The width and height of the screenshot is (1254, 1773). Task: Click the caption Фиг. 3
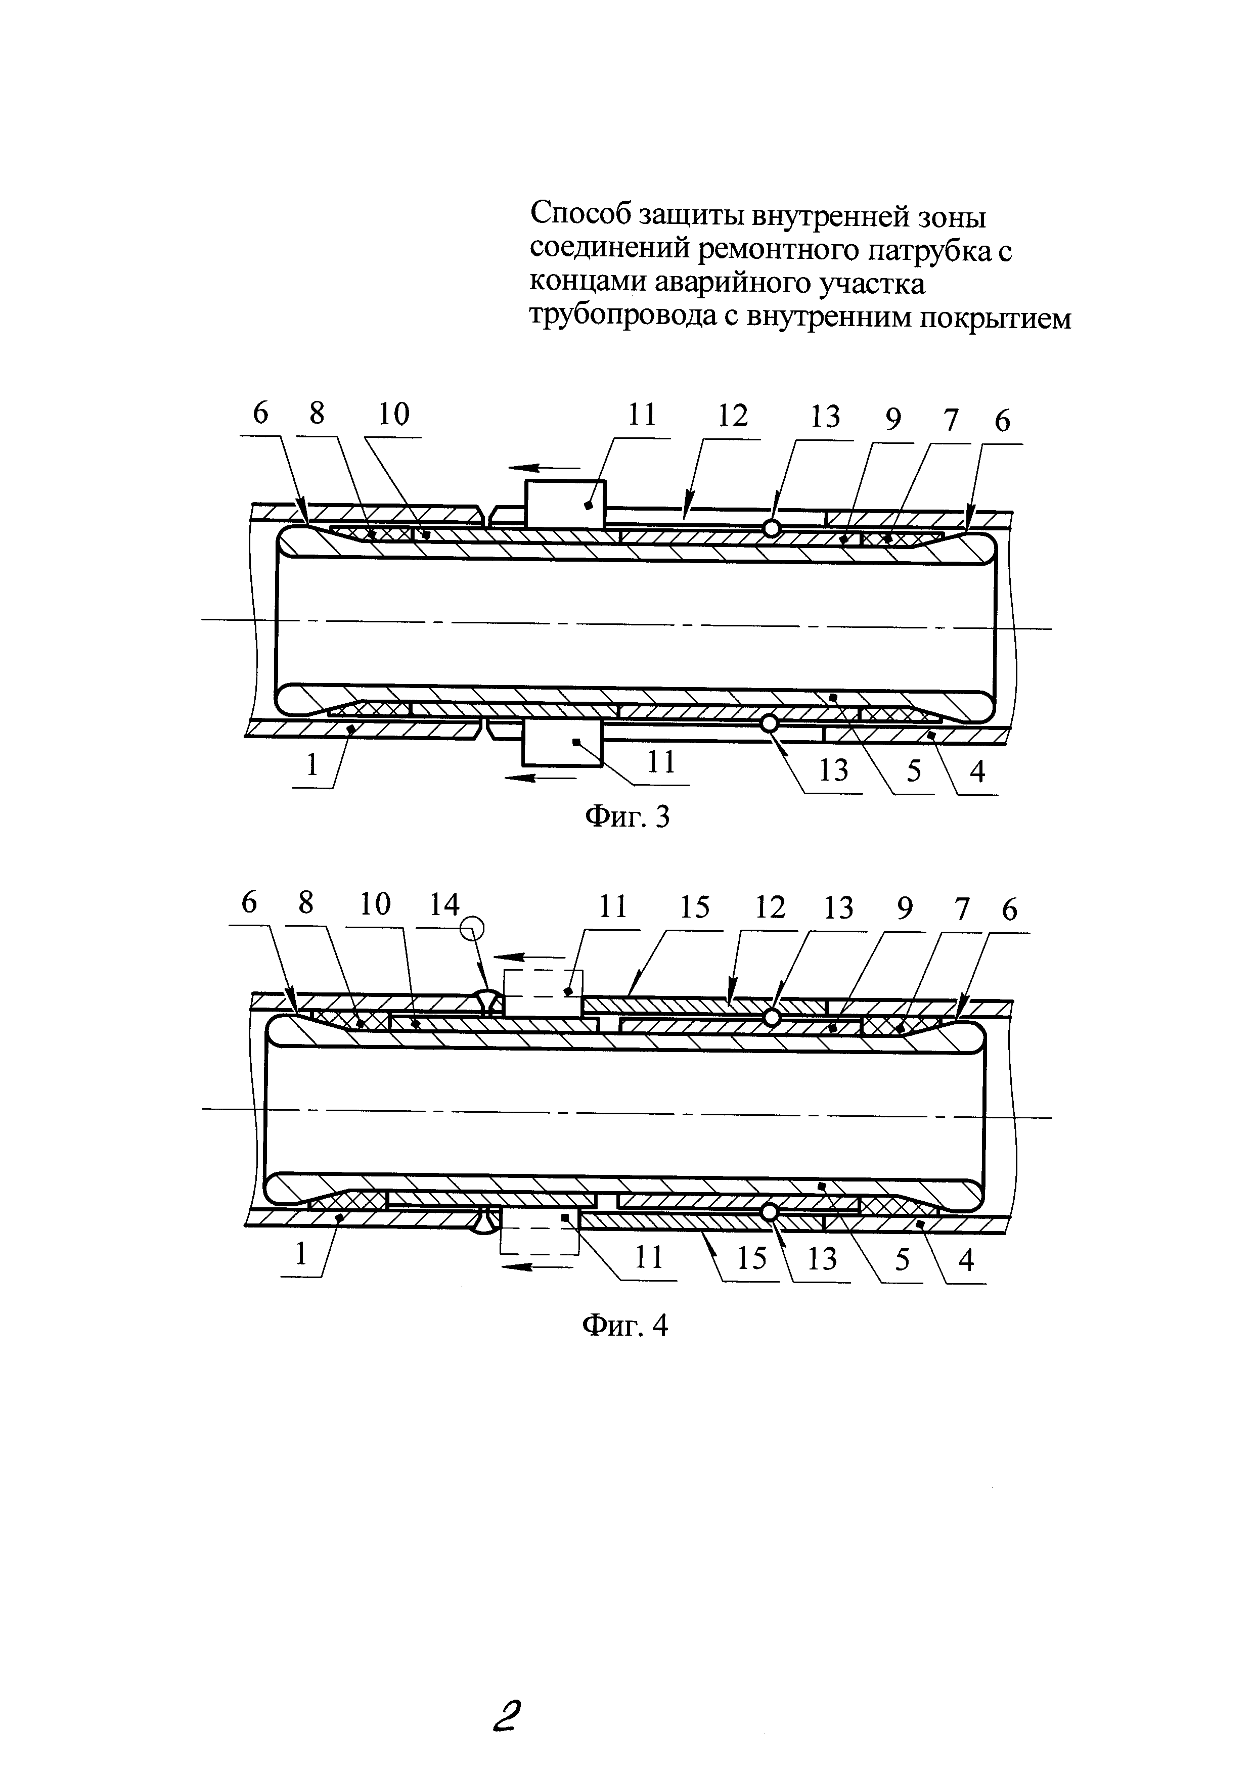coord(626,816)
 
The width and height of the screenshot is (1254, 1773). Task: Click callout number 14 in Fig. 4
coord(444,905)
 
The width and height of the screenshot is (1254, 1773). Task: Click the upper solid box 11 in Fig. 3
coord(565,504)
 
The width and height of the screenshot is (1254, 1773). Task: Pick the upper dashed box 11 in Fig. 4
coord(543,993)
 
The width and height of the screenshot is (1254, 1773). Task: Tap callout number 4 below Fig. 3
coord(977,770)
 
